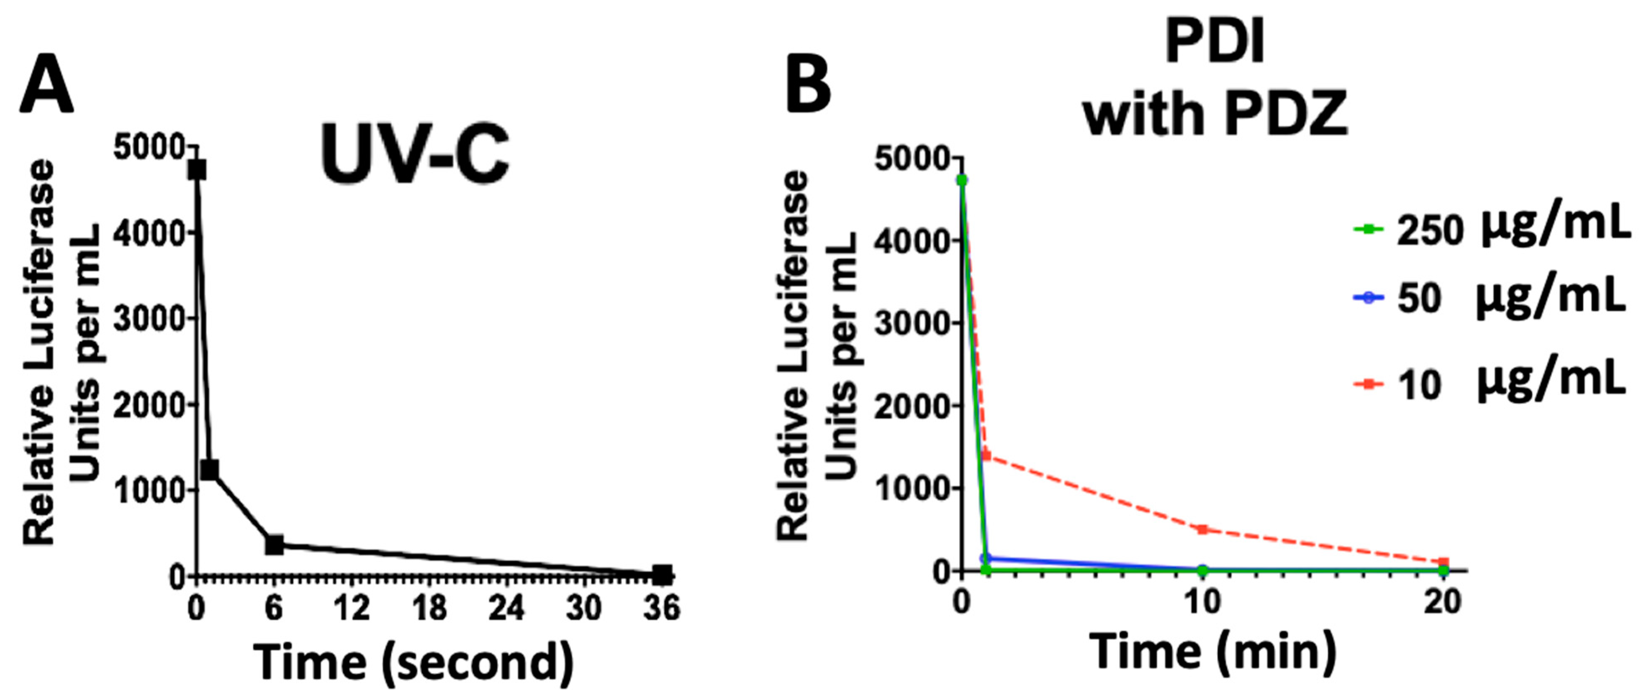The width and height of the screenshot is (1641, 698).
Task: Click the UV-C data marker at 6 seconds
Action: pos(275,545)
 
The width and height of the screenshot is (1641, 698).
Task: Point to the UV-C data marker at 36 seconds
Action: pos(663,575)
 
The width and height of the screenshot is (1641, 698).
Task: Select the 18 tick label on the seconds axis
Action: pos(429,608)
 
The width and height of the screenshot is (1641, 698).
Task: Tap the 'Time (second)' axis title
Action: pos(413,662)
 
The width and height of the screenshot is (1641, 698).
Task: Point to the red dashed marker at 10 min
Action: pos(1202,529)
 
